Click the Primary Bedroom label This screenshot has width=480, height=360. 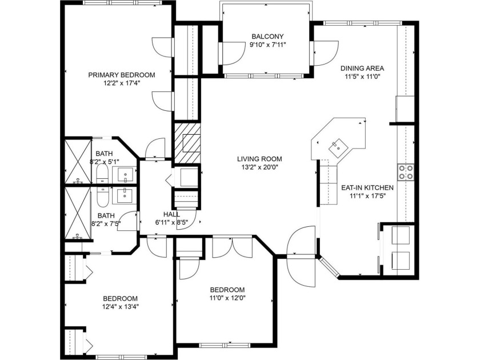[x=122, y=75]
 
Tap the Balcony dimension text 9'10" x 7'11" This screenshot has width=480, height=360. [x=267, y=45]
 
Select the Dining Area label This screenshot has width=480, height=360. [x=362, y=68]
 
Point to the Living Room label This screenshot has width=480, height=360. [x=259, y=159]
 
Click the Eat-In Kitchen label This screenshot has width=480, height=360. [x=367, y=187]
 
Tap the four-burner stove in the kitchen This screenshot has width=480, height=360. [x=406, y=172]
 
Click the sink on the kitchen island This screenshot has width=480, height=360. [x=338, y=147]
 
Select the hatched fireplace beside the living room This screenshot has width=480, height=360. [x=187, y=143]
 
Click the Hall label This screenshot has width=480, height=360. [x=172, y=214]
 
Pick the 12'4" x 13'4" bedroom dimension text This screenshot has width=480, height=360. [x=120, y=307]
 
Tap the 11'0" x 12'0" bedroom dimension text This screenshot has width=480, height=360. [x=227, y=298]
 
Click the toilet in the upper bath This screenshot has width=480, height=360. [x=102, y=174]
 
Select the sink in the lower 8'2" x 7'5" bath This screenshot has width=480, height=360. [x=125, y=195]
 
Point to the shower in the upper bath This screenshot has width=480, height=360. [x=78, y=162]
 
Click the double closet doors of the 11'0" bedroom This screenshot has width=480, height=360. [x=233, y=247]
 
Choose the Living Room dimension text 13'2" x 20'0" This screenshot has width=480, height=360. [x=259, y=167]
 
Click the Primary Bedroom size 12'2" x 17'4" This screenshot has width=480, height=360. [x=122, y=83]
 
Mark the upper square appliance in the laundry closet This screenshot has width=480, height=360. [x=401, y=235]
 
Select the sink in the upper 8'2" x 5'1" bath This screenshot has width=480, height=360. [x=125, y=175]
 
